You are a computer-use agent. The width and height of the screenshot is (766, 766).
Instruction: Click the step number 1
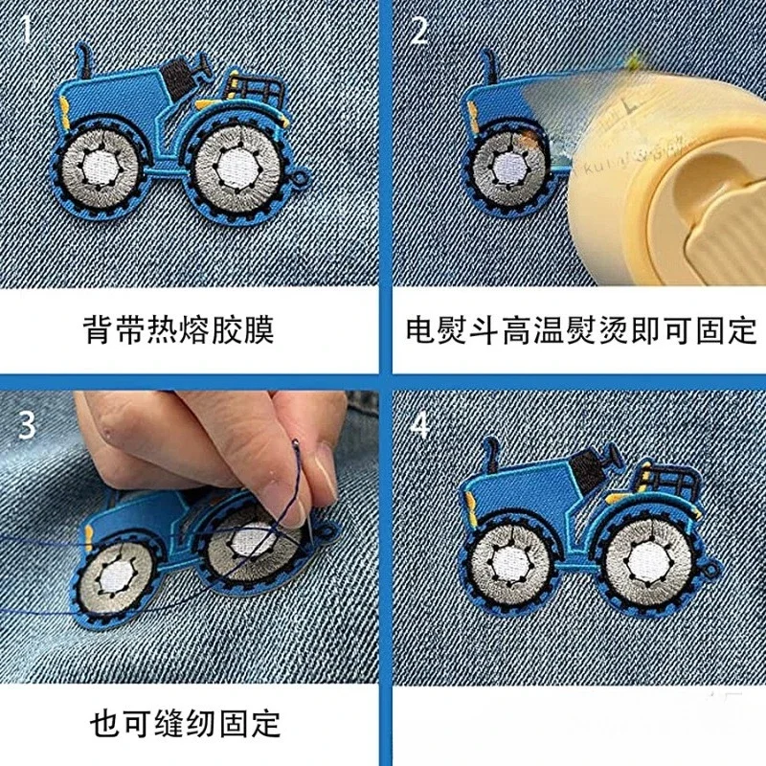click(26, 33)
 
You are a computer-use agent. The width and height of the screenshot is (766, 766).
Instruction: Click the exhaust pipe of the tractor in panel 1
click(85, 62)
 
